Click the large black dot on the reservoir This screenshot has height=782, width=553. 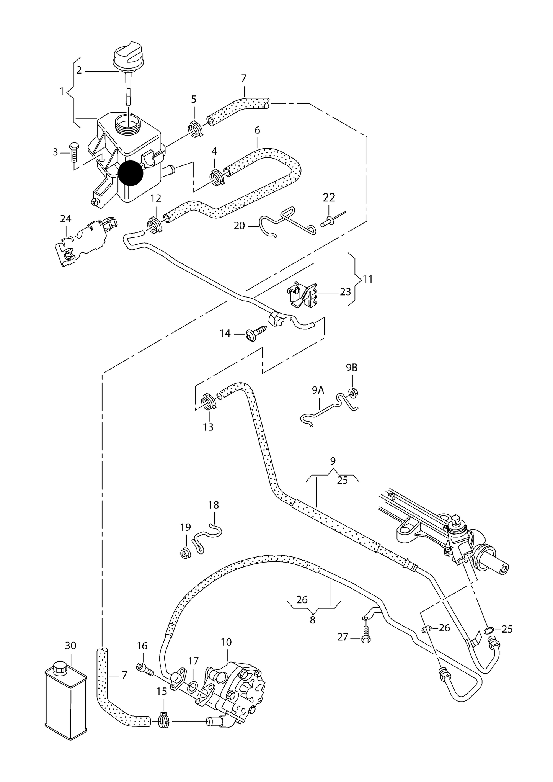point(130,173)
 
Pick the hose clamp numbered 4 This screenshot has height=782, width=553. point(217,177)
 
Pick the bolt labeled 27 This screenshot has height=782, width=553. point(365,636)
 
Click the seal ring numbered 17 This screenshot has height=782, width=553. point(194,685)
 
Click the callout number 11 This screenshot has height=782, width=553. point(367,279)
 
